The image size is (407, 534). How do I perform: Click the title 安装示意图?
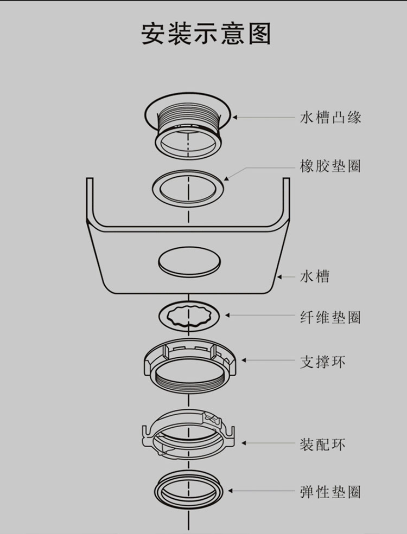pos(206,34)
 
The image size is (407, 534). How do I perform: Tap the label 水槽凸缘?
pos(330,118)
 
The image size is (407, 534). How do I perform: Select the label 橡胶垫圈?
pos(330,166)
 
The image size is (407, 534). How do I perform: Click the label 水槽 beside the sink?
pos(315,276)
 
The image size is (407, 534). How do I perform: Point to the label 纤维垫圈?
pos(330,317)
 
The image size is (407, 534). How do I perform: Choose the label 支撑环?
pos(322,362)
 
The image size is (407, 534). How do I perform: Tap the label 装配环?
pos(322,445)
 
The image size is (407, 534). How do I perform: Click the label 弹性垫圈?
pos(330,492)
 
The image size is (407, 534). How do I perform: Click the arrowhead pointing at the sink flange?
pos(235,118)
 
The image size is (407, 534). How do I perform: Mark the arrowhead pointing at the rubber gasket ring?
pos(226,178)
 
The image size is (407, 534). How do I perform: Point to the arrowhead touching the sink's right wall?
pos(279,277)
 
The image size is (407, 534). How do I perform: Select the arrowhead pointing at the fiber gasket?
pos(227,316)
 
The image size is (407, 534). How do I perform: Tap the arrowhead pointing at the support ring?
pos(244,360)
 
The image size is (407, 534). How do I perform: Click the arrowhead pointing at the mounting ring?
pos(244,443)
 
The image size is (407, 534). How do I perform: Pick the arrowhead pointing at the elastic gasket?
pos(231,491)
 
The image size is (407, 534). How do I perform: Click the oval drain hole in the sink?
pos(189,262)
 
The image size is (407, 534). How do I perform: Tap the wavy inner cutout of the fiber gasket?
pos(188,317)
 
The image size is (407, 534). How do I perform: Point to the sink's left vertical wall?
pos(90,201)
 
